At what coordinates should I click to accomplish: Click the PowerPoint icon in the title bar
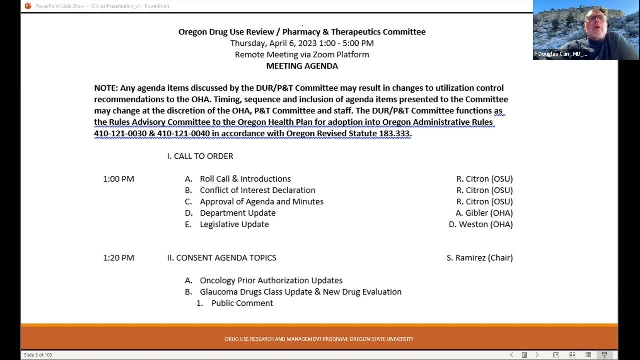tap(28, 6)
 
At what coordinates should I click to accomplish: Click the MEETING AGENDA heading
tap(302, 66)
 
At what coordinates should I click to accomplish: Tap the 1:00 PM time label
tap(118, 179)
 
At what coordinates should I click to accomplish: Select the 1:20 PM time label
tap(118, 258)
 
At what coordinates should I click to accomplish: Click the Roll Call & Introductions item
tap(245, 179)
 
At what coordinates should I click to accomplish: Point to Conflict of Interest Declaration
tap(257, 190)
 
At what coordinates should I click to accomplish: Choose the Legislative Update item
tap(234, 224)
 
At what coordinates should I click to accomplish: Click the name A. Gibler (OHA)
tap(484, 213)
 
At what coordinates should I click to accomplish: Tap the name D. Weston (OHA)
tap(480, 224)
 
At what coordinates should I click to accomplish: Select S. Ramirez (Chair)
tap(479, 258)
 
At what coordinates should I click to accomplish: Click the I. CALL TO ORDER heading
tap(200, 156)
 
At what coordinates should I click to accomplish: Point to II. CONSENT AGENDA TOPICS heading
tap(221, 258)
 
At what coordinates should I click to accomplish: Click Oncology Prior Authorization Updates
tap(271, 280)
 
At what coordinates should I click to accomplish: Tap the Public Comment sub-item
tap(242, 303)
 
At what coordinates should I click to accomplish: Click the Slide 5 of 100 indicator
tap(38, 355)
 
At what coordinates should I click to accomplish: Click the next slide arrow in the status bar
tap(537, 355)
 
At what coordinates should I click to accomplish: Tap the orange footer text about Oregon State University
tap(319, 339)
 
